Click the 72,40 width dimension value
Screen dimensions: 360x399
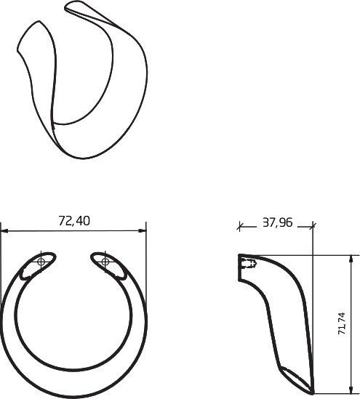tap(74, 221)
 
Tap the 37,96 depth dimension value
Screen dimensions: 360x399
tap(277, 222)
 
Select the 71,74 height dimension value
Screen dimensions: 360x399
tap(342, 323)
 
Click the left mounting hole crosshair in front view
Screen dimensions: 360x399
tap(41, 262)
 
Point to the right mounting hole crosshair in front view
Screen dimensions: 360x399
tap(105, 262)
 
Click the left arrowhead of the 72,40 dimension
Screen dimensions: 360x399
tap(4, 231)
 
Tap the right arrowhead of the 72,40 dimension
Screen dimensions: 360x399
tap(143, 231)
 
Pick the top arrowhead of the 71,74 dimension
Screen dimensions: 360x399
tap(351, 259)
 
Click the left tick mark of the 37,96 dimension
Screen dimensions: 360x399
tap(239, 226)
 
